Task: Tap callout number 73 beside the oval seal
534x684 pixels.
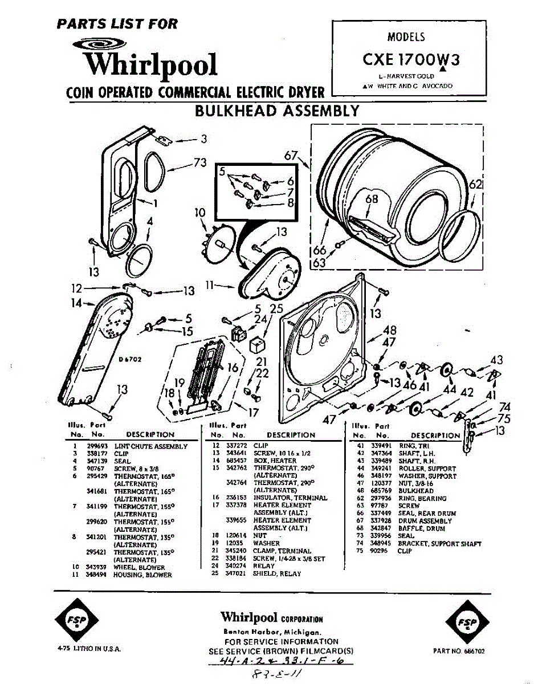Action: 199,163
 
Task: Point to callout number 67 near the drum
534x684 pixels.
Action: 291,155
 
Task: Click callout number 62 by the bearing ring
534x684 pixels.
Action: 476,185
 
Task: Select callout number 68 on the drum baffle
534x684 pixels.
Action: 372,199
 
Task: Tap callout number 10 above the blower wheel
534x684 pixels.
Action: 199,213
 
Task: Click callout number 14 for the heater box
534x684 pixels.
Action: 76,303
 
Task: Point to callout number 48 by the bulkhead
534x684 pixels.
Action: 390,330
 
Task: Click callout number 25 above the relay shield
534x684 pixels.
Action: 276,309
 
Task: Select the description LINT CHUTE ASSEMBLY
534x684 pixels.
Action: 151,446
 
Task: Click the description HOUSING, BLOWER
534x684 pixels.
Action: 143,575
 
